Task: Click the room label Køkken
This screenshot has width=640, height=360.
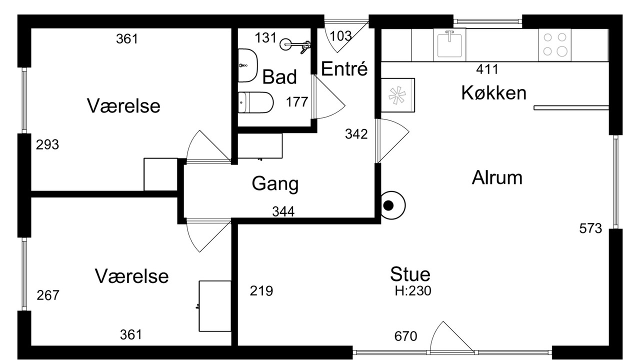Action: click(493, 93)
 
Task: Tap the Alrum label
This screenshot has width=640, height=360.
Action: click(497, 177)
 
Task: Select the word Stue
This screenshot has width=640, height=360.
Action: click(410, 274)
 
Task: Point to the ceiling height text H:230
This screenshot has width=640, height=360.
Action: click(413, 291)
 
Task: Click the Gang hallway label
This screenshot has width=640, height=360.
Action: click(275, 183)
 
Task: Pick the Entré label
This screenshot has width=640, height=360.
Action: click(344, 68)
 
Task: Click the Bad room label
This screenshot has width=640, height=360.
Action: click(279, 77)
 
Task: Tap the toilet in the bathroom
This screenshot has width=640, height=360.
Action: click(255, 102)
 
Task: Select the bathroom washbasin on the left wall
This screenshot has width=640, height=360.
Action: click(247, 65)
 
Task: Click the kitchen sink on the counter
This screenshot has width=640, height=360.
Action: click(449, 45)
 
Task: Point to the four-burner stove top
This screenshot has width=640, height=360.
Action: click(554, 45)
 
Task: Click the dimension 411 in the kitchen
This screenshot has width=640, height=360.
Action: click(487, 69)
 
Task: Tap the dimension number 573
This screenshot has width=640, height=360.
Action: click(590, 228)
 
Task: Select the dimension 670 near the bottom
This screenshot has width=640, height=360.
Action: click(405, 336)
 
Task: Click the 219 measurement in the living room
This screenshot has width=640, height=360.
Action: click(261, 291)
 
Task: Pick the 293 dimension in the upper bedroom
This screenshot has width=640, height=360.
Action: click(47, 144)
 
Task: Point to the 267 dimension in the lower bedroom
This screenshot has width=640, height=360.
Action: click(48, 295)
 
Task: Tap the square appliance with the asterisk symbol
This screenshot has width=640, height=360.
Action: click(397, 95)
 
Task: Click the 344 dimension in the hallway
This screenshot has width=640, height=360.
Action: click(283, 211)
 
